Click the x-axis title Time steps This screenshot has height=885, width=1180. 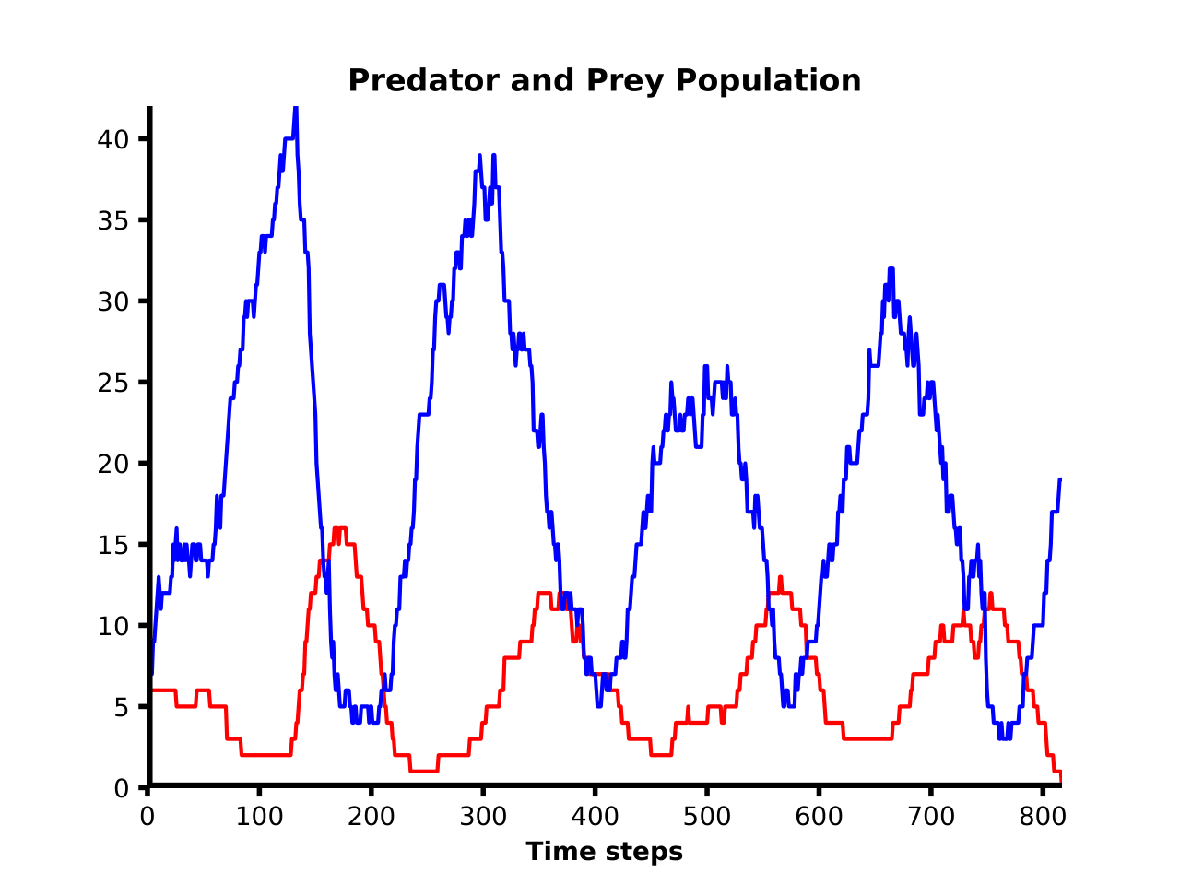pos(605,852)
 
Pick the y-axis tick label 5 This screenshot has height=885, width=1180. pos(122,707)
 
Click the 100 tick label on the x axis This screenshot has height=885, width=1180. pos(259,817)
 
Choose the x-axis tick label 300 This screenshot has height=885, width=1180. pos(483,817)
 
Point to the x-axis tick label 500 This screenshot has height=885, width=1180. pos(706,817)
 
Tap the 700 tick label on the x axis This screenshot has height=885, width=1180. pos(930,817)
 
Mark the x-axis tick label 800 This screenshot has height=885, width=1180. pos(1042,817)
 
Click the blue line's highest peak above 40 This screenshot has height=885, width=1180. pos(296,110)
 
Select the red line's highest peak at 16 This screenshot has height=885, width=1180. pos(339,528)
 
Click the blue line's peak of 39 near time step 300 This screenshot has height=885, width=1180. pos(480,156)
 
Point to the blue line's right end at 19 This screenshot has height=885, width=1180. pos(1060,479)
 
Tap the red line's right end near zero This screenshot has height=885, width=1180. pos(1060,780)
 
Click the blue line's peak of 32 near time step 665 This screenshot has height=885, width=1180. pos(891,269)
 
